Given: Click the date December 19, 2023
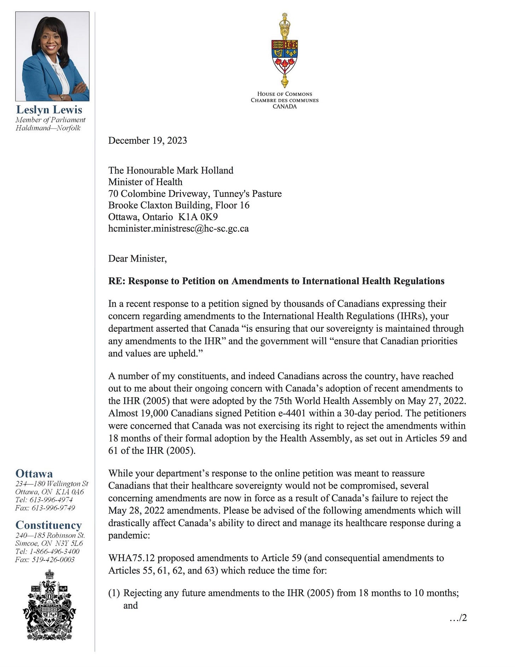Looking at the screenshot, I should (147, 141).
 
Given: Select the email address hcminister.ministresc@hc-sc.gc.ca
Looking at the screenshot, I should (178, 228).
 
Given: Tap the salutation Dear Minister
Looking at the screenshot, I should (137, 258).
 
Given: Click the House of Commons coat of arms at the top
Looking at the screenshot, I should (284, 51).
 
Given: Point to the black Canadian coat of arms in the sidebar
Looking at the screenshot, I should (49, 605).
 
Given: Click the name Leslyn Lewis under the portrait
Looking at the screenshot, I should (49, 110).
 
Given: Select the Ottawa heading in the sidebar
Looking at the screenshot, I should (34, 474).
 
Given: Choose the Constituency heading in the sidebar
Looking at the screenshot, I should (48, 525).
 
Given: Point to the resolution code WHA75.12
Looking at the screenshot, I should (131, 558).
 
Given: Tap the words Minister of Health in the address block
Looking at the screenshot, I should (145, 182).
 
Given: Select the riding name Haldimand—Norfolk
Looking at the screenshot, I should (48, 128).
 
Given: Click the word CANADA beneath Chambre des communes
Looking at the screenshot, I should (284, 106).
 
